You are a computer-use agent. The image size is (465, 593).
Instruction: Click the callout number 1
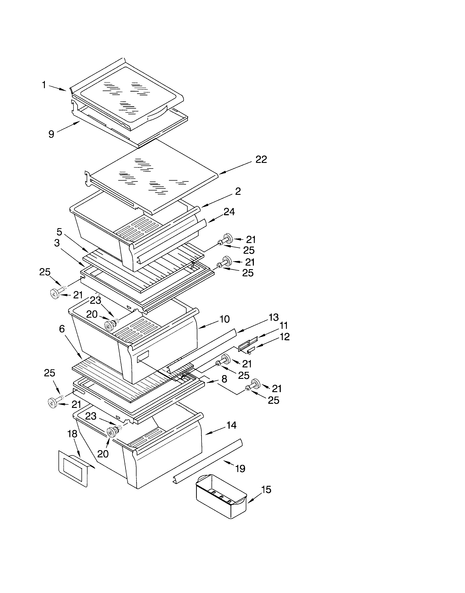tap(44, 85)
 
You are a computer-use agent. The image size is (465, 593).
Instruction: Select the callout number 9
tap(51, 134)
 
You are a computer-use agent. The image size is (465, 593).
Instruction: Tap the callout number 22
tap(261, 159)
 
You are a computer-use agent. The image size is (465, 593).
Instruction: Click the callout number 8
tap(224, 379)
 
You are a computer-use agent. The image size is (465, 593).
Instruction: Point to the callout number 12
tap(285, 337)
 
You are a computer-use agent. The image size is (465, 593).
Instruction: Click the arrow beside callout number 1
tap(58, 88)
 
